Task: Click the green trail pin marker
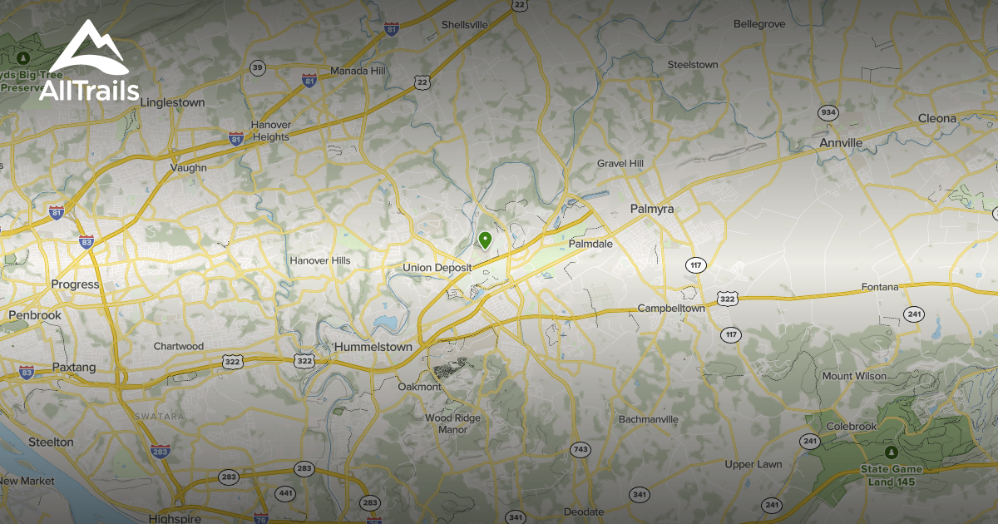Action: tap(485, 240)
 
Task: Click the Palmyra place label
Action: tap(651, 209)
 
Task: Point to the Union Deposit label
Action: tap(437, 268)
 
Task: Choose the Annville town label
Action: tap(841, 143)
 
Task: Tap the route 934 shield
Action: tap(828, 112)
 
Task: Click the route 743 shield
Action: tap(581, 450)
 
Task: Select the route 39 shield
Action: tap(258, 68)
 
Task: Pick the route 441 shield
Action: tap(285, 493)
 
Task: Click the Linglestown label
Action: tap(172, 103)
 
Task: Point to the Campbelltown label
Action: tap(671, 309)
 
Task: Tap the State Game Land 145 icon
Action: tap(891, 452)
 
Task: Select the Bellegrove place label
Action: tap(758, 24)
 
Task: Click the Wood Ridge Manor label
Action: tap(452, 424)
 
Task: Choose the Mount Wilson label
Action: tap(854, 376)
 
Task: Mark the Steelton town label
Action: tap(51, 442)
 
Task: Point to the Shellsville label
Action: tap(464, 25)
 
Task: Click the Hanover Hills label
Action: tap(320, 261)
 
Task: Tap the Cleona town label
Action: tap(937, 118)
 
